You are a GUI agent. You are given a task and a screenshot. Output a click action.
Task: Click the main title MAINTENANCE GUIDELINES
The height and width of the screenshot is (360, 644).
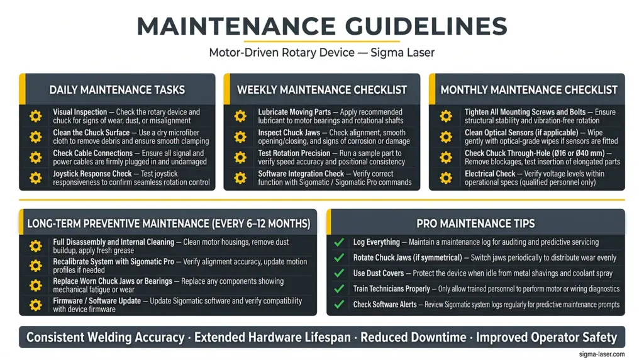[322, 26]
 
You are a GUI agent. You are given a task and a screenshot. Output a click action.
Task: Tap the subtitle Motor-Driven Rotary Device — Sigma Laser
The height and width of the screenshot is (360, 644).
[321, 53]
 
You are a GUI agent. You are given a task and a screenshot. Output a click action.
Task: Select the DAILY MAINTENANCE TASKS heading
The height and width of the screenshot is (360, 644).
[117, 90]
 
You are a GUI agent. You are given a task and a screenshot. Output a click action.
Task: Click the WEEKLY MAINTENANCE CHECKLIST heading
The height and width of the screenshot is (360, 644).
[322, 90]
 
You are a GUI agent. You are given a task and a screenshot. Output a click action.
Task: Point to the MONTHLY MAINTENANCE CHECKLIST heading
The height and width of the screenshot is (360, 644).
[529, 90]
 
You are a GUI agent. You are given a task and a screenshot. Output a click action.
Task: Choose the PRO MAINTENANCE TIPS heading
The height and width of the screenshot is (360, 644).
[475, 223]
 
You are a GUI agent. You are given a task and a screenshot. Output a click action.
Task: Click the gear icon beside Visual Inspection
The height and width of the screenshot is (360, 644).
[36, 116]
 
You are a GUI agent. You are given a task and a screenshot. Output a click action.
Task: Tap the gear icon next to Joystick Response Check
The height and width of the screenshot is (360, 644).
[36, 178]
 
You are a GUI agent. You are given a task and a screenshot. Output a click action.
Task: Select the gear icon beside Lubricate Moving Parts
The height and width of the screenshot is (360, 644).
[240, 116]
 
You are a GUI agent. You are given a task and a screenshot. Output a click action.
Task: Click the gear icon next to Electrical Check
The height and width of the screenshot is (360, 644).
[446, 178]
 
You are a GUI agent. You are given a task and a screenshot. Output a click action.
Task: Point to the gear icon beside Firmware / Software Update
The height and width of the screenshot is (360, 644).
[36, 305]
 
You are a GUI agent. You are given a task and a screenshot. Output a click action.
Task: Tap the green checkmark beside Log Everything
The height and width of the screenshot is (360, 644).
[339, 242]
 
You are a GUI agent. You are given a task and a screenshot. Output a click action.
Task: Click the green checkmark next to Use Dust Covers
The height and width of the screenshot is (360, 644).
[339, 273]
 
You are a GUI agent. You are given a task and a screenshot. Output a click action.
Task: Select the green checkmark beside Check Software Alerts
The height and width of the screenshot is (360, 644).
[339, 305]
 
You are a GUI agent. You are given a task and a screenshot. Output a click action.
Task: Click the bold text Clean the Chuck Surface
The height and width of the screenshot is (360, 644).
[91, 133]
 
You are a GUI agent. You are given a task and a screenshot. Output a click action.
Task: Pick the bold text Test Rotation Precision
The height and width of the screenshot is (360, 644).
[294, 154]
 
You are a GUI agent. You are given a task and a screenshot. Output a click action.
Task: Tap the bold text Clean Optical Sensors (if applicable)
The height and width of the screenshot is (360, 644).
[521, 133]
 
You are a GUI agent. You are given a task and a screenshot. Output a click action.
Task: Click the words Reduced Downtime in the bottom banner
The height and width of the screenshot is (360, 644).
[413, 337]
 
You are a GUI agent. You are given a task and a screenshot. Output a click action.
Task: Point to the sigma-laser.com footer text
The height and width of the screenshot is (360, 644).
[602, 354]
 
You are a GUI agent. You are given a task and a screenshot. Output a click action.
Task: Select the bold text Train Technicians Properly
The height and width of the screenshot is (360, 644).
[391, 289]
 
